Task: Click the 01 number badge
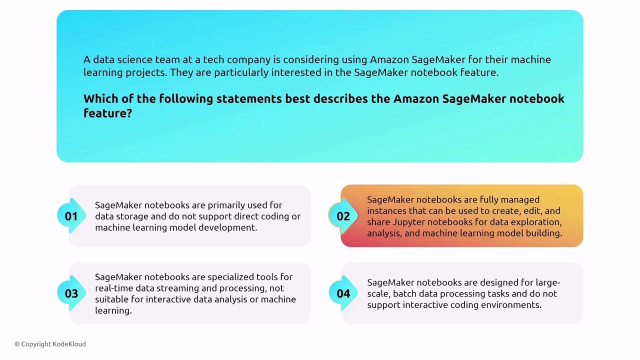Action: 71,216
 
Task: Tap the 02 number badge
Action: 343,216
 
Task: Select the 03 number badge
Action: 71,293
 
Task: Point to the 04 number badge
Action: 343,293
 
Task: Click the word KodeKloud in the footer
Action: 69,344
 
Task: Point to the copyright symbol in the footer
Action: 17,344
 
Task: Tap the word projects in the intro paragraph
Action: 146,73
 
